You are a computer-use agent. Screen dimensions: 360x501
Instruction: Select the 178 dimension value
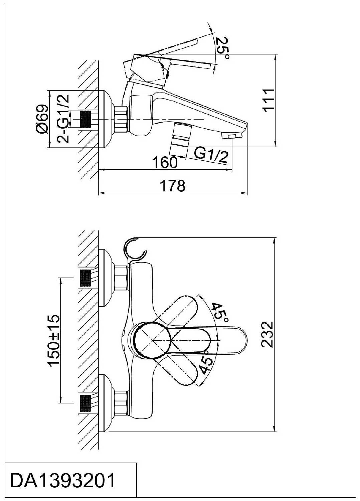click(x=173, y=186)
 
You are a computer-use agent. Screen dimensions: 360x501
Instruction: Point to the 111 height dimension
click(x=268, y=101)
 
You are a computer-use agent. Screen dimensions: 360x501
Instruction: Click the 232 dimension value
click(x=267, y=335)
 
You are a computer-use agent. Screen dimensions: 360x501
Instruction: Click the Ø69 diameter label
click(x=42, y=119)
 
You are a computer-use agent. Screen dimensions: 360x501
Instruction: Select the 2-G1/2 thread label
click(x=63, y=119)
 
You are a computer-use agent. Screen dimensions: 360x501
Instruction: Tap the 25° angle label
click(x=222, y=48)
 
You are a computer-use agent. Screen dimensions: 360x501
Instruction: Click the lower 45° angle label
click(x=206, y=363)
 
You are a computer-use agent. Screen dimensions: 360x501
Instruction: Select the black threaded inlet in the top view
click(x=85, y=119)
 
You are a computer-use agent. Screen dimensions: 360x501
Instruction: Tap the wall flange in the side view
click(x=105, y=119)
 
